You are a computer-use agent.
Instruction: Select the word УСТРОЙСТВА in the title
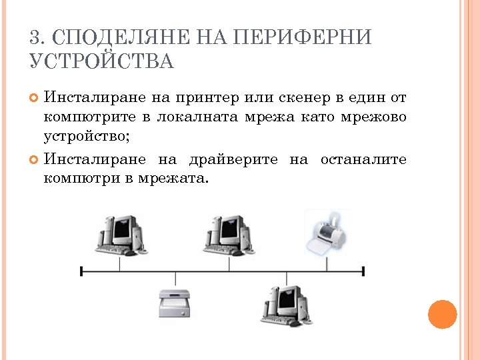tap(101, 62)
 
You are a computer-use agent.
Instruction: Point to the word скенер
tap(299, 99)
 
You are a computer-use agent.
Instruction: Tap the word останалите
tap(363, 159)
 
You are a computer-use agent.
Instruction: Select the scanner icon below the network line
tap(174, 303)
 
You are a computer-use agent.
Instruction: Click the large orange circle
tap(442, 314)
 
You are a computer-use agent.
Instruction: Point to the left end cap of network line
tap(81, 271)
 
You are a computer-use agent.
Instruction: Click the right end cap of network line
tap(363, 271)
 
